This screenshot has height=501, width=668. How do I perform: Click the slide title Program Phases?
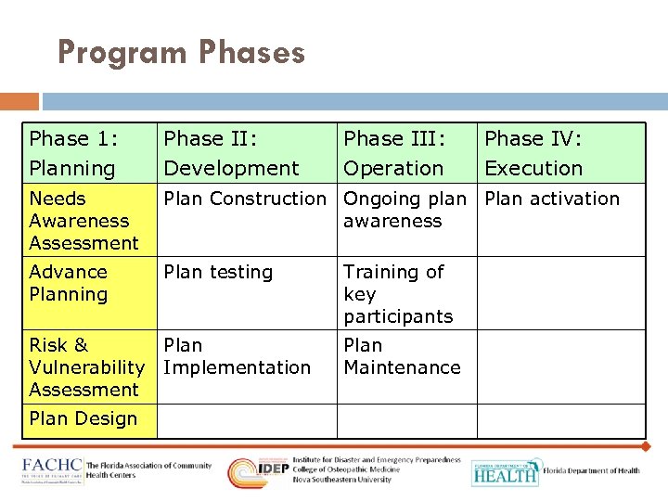(x=181, y=52)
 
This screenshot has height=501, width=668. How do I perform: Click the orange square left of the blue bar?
(x=19, y=100)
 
